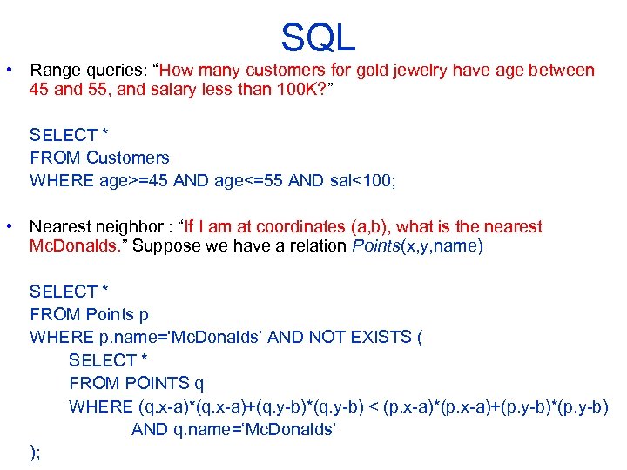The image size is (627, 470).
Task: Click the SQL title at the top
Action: (318, 37)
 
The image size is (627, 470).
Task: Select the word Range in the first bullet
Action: (56, 70)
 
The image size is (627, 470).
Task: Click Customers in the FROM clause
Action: (127, 158)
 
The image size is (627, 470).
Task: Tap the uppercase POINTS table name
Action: (156, 382)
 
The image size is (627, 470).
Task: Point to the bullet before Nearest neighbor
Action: (9, 226)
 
